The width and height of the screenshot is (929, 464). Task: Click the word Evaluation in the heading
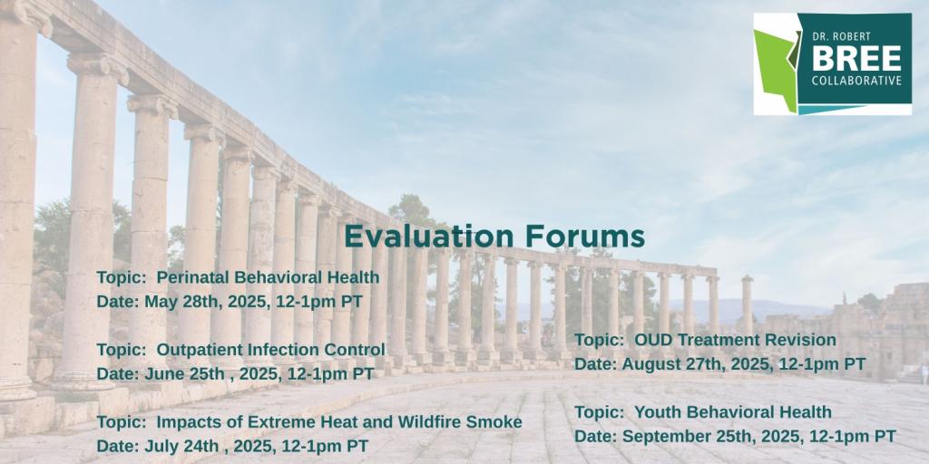pyautogui.click(x=430, y=237)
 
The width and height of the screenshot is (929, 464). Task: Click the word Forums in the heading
pyautogui.click(x=585, y=237)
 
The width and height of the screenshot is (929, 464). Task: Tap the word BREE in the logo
pyautogui.click(x=856, y=59)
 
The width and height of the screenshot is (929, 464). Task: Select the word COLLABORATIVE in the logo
pyautogui.click(x=856, y=81)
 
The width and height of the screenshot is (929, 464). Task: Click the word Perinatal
pyautogui.click(x=193, y=277)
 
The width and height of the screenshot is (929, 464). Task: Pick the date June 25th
pyautogui.click(x=184, y=374)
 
